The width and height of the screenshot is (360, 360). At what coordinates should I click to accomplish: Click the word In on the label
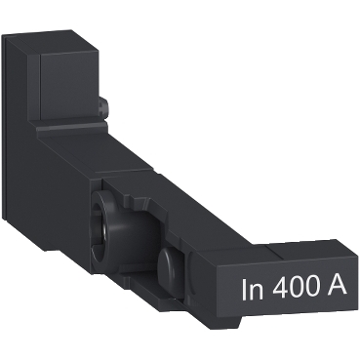pos(252,290)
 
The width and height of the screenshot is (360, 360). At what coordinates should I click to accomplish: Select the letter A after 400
pos(336,290)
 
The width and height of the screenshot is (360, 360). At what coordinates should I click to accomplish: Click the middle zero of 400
pos(296,290)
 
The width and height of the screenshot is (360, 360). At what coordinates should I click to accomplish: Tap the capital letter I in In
pos(244,290)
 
